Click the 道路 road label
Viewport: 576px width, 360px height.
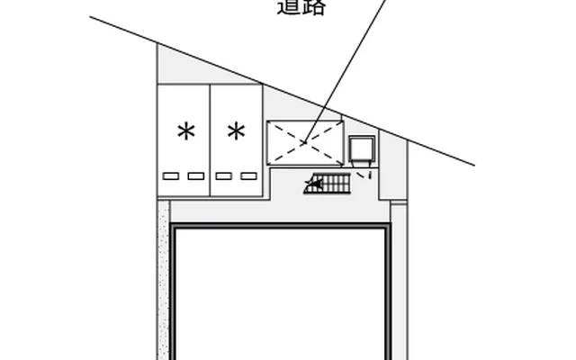click(x=301, y=8)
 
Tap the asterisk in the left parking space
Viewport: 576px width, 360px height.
click(x=186, y=133)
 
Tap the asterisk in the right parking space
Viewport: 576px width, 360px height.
click(x=236, y=133)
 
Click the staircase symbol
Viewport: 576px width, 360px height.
click(x=328, y=184)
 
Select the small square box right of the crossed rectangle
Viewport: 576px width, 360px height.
click(x=363, y=149)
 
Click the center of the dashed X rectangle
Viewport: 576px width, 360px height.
click(x=305, y=141)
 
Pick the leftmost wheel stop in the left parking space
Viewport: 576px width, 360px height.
click(x=171, y=175)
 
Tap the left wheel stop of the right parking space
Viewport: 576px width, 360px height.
click(x=223, y=175)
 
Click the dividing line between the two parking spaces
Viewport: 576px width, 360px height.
click(x=210, y=139)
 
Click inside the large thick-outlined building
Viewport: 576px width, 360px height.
click(x=281, y=297)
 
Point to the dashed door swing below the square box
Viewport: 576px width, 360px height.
click(x=366, y=173)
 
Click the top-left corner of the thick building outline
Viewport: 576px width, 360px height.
click(x=174, y=229)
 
